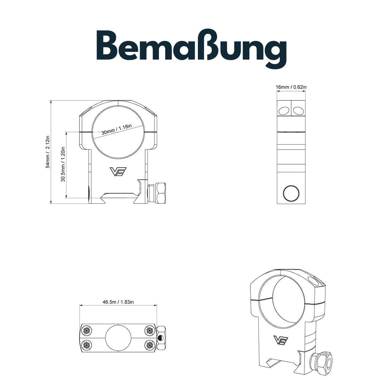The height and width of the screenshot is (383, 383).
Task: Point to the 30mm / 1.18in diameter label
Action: [x=116, y=130]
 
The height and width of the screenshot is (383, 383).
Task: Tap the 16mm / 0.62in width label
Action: [x=291, y=87]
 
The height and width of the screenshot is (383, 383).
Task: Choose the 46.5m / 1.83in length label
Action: [x=118, y=302]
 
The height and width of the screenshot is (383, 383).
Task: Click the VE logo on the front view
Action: [x=117, y=172]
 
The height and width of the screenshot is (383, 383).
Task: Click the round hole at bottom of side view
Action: [x=291, y=193]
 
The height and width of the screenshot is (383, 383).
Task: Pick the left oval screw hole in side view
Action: [x=284, y=111]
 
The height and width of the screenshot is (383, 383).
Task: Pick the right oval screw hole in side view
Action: [x=298, y=111]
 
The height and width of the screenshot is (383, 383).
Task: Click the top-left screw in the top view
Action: [x=87, y=331]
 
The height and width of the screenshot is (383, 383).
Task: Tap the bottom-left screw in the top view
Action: [x=87, y=344]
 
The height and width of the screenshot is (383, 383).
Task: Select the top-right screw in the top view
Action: [x=149, y=331]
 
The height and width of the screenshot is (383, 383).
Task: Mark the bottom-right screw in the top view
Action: [x=149, y=344]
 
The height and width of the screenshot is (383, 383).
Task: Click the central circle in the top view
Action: [x=118, y=338]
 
